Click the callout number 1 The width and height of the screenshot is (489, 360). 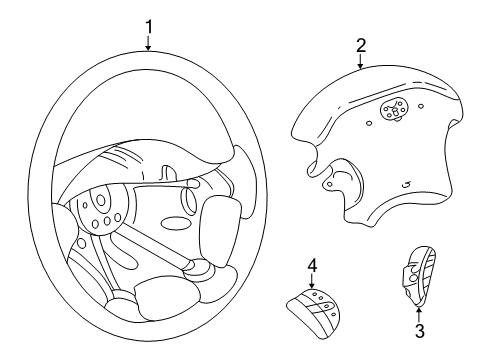(x=148, y=25)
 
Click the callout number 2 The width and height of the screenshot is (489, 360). (x=361, y=44)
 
